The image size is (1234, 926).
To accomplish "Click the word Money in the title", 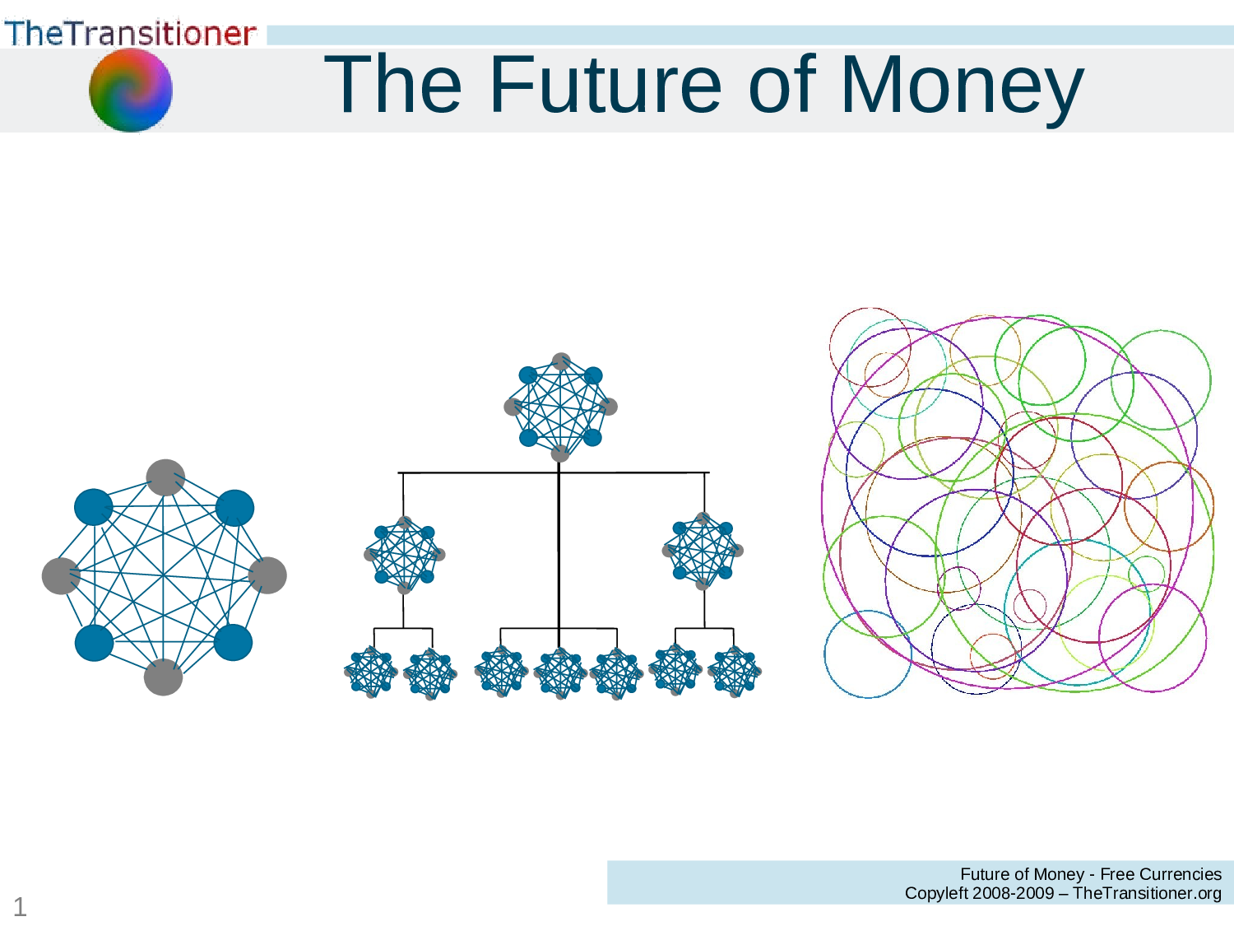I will tap(961, 86).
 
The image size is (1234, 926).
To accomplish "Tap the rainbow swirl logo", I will tap(131, 90).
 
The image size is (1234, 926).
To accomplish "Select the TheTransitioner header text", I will tap(130, 33).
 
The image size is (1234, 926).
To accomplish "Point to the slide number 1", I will tap(20, 907).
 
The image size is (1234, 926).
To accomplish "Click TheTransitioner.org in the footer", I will tap(1147, 893).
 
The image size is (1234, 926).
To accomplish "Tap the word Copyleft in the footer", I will tap(936, 893).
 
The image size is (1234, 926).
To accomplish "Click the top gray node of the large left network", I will tap(165, 477).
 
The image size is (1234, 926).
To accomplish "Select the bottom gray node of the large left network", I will tap(163, 677).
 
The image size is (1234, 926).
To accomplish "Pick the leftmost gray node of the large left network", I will tap(61, 575).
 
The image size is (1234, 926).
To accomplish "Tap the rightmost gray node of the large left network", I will tap(267, 575).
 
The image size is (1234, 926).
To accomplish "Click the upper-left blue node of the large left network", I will tap(94, 507).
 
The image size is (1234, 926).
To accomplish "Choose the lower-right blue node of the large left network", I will tap(233, 643).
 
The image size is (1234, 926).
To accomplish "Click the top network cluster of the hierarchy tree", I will tap(560, 407).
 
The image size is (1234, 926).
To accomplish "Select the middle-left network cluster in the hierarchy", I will tap(404, 555).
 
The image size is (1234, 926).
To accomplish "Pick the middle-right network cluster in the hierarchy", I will tap(703, 551).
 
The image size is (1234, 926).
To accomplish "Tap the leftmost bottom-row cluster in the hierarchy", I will tap(371, 672).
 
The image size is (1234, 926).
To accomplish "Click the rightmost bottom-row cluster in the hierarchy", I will tap(734, 672).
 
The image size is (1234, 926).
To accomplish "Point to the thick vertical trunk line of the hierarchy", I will tap(559, 551).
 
